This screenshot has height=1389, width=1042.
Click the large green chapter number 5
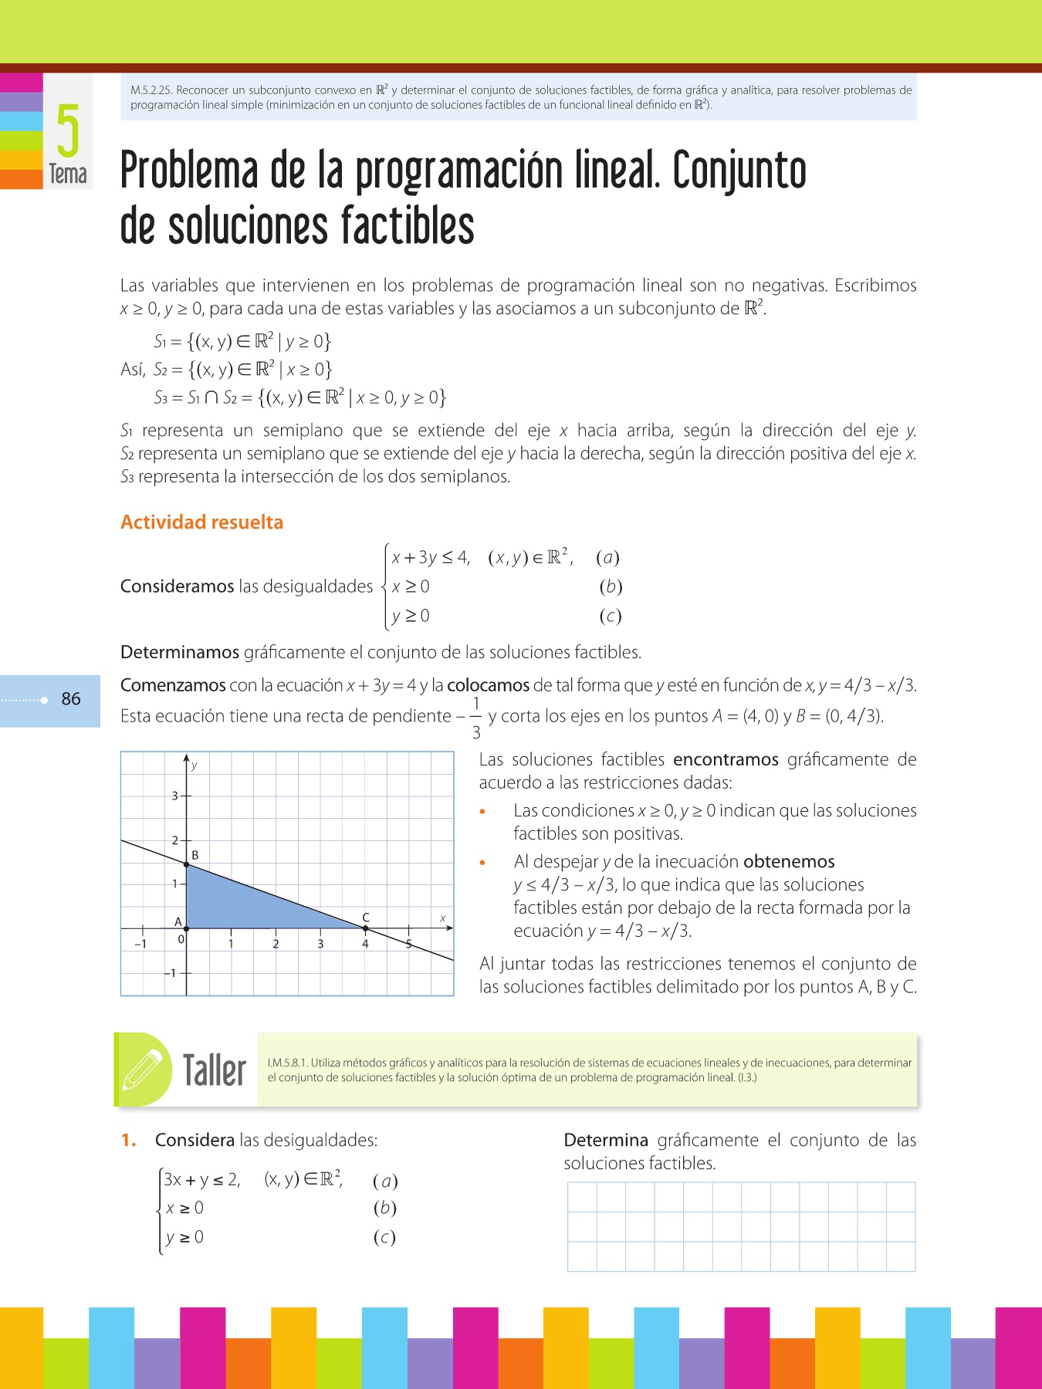68,130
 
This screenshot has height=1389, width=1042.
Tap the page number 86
71,699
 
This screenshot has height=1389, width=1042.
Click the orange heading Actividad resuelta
201,522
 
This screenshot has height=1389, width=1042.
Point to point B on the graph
187,865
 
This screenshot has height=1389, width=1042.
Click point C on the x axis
365,928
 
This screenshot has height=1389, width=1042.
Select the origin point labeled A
187,928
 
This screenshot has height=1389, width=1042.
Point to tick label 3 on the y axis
175,796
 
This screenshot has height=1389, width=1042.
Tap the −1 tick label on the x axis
140,944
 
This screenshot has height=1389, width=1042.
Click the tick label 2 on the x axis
276,944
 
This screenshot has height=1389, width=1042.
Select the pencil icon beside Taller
144,1069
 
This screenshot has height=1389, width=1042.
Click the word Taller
214,1070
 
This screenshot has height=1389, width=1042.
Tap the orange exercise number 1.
128,1141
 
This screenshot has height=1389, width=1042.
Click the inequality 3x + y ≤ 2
201,1180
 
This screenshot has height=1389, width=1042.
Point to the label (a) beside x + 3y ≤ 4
607,558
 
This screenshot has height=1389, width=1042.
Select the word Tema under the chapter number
68,174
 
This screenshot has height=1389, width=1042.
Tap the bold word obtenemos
789,862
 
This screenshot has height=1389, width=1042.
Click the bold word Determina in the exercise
606,1141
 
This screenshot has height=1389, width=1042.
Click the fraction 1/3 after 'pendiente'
476,718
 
